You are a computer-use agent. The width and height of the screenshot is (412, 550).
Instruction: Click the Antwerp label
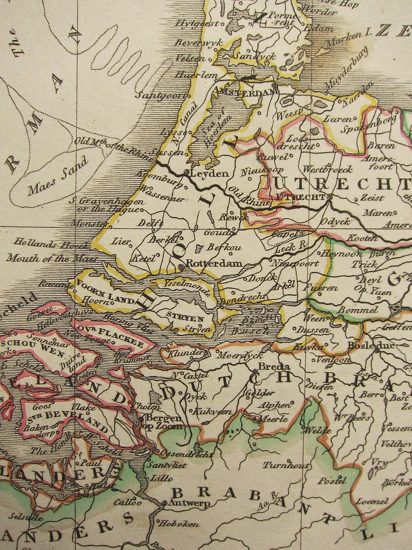[x=190, y=503]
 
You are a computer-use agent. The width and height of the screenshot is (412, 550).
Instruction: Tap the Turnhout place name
[x=286, y=465]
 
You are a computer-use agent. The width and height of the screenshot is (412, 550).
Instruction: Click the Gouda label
[x=215, y=233]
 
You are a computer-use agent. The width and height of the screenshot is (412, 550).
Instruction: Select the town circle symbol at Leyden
[x=186, y=172]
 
